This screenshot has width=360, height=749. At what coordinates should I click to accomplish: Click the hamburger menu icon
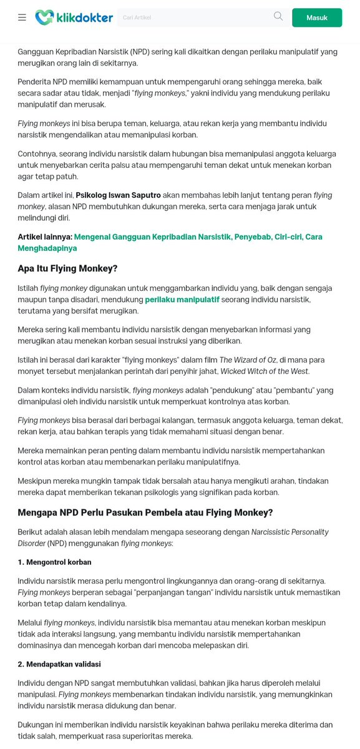pyautogui.click(x=22, y=17)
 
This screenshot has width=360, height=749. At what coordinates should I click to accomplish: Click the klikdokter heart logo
pyautogui.click(x=44, y=17)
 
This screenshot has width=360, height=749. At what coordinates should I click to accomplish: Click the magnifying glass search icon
pyautogui.click(x=278, y=17)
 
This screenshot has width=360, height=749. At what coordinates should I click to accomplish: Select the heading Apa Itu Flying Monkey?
pyautogui.click(x=67, y=268)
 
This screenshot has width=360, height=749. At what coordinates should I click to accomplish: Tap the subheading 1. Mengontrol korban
pyautogui.click(x=55, y=562)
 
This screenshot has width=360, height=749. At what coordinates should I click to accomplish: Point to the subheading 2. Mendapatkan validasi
pyautogui.click(x=59, y=664)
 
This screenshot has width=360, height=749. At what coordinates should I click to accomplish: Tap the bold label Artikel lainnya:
pyautogui.click(x=45, y=237)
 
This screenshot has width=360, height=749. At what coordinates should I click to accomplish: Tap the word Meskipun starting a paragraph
pyautogui.click(x=37, y=481)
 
